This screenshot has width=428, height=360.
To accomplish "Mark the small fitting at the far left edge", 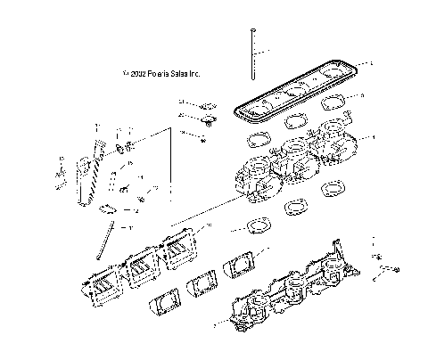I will tap(60, 171).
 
